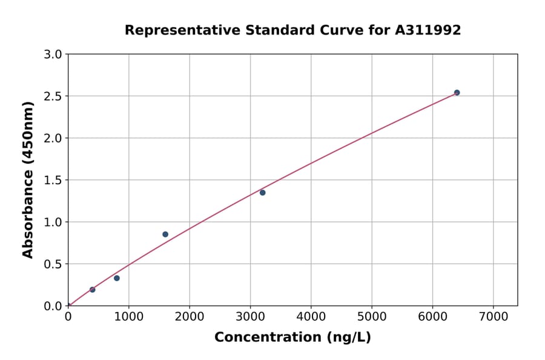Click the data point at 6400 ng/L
pos(457,93)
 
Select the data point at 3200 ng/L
pos(263,193)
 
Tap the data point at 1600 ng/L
pos(165,235)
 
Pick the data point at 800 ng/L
pos(117,278)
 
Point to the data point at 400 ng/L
pos(93,290)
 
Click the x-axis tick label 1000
pos(128,316)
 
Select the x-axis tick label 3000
pos(250,316)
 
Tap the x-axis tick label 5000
pos(372,316)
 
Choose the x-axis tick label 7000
pos(493,316)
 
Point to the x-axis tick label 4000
pos(311,316)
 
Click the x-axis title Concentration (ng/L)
pos(292,338)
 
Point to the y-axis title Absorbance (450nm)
pos(28,179)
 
